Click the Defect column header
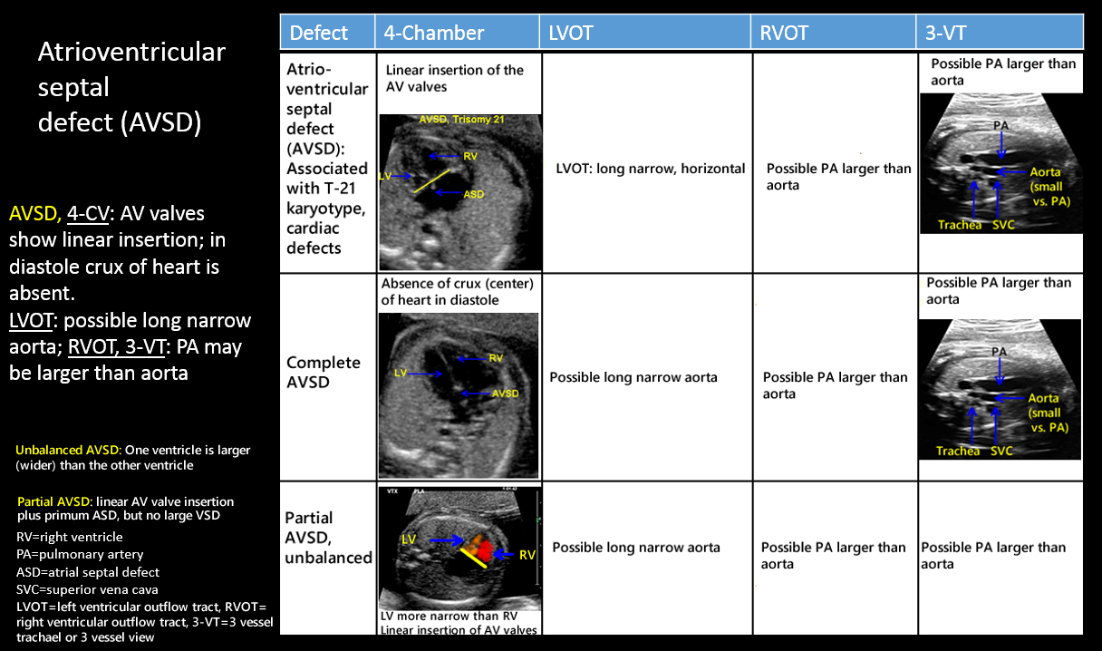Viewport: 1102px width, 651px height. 318,34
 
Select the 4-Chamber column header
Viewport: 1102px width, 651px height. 433,34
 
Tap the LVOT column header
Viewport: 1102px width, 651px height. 571,34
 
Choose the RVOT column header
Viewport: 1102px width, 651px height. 785,34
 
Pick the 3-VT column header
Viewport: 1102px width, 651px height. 947,34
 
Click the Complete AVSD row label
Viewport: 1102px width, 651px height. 323,372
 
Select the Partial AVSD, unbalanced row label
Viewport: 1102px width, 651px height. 327,537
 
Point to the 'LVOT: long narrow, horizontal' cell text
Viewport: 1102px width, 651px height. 651,169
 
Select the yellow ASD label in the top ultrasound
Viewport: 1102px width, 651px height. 473,194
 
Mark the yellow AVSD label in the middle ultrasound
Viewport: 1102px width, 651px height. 505,394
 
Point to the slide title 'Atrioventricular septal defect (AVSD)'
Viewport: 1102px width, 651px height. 130,87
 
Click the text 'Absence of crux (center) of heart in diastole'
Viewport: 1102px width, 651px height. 458,291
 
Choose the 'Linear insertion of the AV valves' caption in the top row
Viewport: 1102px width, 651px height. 454,78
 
